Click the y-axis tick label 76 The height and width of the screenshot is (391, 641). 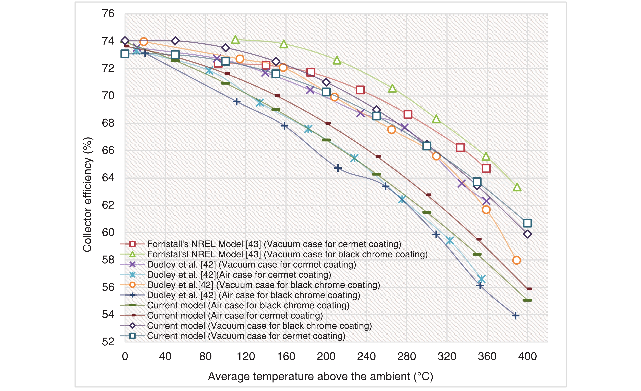pyautogui.click(x=108, y=13)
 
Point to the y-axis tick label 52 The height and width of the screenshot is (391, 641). pyautogui.click(x=108, y=342)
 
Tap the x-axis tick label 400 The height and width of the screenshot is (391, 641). pyautogui.click(x=527, y=356)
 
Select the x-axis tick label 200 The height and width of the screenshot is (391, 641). pyautogui.click(x=326, y=356)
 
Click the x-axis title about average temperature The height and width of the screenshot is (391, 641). pyautogui.click(x=320, y=376)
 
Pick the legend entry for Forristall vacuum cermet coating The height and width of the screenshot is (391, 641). pyautogui.click(x=274, y=244)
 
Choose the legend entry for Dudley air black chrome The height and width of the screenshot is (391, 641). pyautogui.click(x=253, y=295)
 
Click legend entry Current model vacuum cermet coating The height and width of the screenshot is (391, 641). pyautogui.click(x=246, y=336)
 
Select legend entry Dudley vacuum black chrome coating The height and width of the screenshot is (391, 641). pyautogui.click(x=263, y=285)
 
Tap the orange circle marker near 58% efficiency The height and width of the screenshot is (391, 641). pyautogui.click(x=516, y=260)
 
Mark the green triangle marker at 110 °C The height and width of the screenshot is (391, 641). pyautogui.click(x=235, y=40)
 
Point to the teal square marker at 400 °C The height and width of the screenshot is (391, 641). pyautogui.click(x=527, y=223)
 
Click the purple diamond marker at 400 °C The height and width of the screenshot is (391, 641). pyautogui.click(x=527, y=234)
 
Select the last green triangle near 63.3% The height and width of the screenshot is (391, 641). pyautogui.click(x=517, y=187)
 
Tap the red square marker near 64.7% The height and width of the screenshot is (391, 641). pyautogui.click(x=486, y=168)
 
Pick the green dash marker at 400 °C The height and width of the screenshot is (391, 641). pyautogui.click(x=527, y=300)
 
